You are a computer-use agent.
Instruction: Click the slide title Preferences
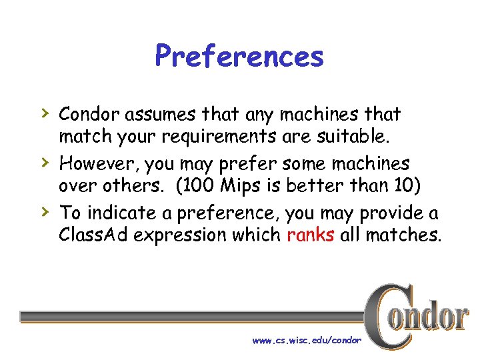point(239,56)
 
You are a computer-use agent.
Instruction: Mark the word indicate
point(118,213)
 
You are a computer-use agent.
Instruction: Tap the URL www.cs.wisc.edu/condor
point(306,340)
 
